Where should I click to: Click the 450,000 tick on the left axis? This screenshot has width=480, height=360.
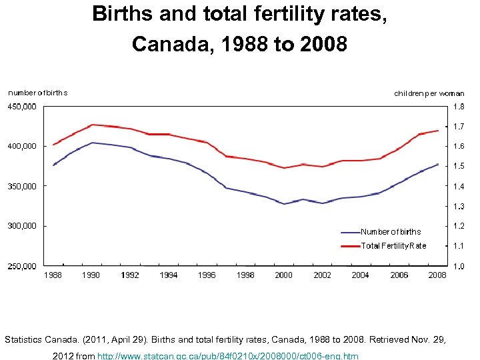22,106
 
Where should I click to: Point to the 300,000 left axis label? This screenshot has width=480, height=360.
22,226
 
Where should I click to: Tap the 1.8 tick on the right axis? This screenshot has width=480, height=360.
459,106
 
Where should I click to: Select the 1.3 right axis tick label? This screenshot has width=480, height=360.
459,207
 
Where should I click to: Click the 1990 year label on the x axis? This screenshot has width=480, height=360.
91,275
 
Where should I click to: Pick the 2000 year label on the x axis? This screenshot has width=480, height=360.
283,275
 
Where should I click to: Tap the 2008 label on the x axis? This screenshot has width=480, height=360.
437,275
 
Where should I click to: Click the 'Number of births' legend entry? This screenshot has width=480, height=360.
391,232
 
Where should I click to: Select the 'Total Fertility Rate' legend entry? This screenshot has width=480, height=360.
393,246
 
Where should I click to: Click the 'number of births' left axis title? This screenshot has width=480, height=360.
37,93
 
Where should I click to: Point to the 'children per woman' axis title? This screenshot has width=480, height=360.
429,93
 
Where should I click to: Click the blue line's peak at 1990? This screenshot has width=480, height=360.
92,143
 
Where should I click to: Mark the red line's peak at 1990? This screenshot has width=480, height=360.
92,125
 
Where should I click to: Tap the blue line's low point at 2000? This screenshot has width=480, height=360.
284,204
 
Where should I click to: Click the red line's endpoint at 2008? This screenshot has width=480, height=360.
438,131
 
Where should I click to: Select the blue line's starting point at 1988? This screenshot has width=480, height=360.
53,165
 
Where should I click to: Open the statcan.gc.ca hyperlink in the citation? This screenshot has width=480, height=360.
228,356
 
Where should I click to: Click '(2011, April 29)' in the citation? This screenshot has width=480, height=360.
115,339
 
